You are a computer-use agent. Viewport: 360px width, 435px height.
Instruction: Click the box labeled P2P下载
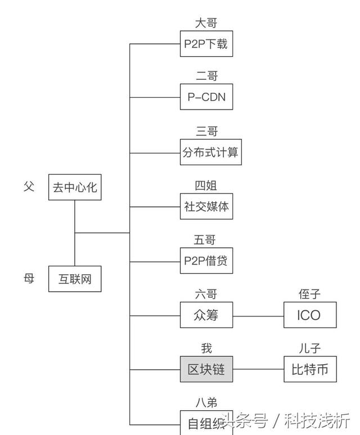206,43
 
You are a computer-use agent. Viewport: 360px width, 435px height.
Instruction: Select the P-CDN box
206,97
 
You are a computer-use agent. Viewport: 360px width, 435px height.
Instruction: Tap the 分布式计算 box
211,152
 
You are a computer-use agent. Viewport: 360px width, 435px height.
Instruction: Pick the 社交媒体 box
206,206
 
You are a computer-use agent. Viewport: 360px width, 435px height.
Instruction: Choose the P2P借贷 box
206,261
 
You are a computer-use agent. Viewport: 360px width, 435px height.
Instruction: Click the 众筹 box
206,316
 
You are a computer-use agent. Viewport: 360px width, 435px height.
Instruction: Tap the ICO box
309,316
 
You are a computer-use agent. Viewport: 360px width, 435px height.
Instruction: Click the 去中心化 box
75,187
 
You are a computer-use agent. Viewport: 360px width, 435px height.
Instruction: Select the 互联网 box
75,279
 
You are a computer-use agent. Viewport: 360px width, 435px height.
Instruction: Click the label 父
29,186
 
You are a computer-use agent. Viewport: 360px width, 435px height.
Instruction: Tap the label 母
29,278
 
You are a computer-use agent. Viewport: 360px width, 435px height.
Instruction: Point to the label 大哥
206,23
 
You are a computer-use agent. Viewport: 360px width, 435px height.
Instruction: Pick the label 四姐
206,185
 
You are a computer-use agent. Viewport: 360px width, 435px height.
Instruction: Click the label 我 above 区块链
206,349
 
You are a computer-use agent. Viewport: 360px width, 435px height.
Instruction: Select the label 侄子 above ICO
309,294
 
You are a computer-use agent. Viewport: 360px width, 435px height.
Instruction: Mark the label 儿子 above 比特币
309,349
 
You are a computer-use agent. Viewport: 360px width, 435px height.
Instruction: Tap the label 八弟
206,402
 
